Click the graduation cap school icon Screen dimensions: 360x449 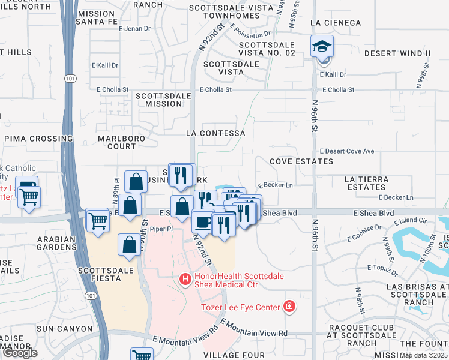pyautogui.click(x=322, y=46)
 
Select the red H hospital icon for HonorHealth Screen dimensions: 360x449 pyautogui.click(x=186, y=279)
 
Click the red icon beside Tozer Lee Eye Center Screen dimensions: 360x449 pyautogui.click(x=289, y=307)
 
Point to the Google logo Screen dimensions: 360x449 pyautogui.click(x=20, y=353)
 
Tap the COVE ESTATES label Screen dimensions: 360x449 pyautogui.click(x=301, y=161)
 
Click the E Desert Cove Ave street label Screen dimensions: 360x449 pyautogui.click(x=347, y=151)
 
